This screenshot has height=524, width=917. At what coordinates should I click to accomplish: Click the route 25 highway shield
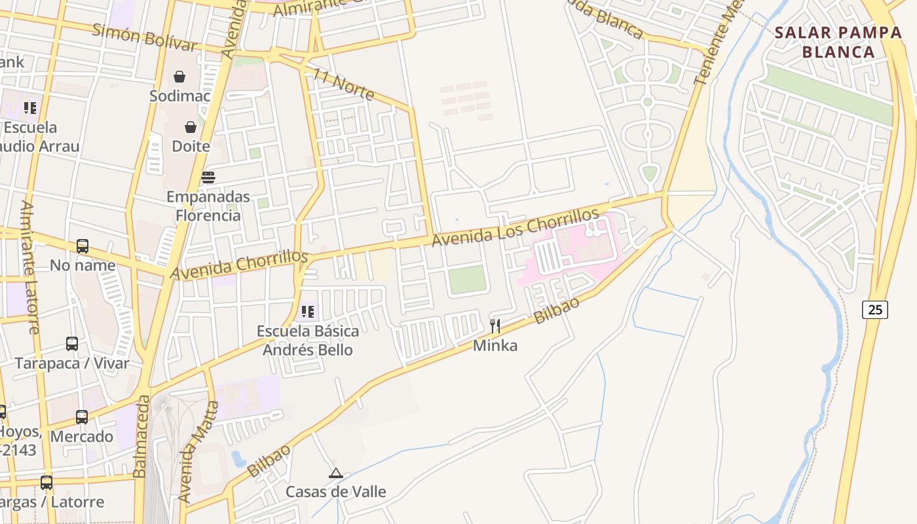[875, 309]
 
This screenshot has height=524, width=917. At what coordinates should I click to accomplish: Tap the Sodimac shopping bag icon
[179, 77]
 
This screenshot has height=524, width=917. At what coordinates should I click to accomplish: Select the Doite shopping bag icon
[191, 126]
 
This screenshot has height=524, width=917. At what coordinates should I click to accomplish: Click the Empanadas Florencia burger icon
[208, 177]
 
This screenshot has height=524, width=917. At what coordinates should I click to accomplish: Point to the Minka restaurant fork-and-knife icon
[495, 326]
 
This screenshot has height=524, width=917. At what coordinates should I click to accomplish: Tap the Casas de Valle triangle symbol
[336, 473]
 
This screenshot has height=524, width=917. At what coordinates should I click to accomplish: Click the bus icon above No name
[83, 246]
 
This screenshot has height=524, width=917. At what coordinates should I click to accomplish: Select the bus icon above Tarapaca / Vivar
[72, 343]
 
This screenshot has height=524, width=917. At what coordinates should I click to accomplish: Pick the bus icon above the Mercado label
[82, 417]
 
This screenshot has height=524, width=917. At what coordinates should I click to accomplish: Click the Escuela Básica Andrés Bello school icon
[308, 312]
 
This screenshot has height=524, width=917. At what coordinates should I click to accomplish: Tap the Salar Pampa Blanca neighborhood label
[838, 43]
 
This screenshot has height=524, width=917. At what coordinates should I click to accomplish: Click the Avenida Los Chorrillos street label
[515, 227]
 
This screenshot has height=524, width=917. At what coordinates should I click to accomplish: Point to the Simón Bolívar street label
[145, 37]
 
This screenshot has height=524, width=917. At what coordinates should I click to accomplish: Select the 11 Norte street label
[343, 84]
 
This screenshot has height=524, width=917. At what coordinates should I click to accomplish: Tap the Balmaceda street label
[140, 436]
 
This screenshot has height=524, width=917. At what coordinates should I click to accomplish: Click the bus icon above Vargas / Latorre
[47, 483]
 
